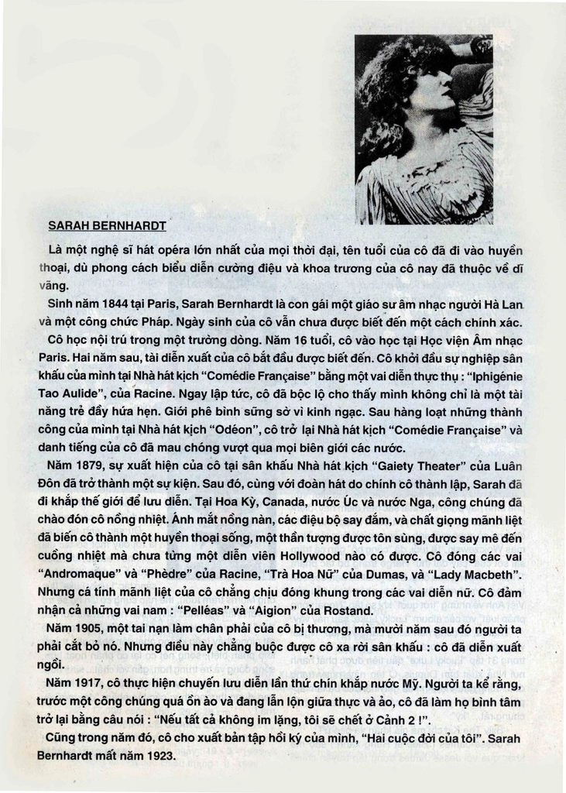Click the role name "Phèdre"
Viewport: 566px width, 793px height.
point(170,574)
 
